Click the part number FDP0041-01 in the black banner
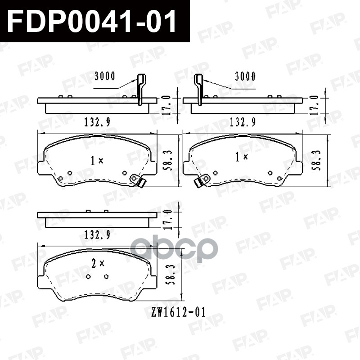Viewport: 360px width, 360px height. click(92, 21)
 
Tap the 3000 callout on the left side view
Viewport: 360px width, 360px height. click(105, 76)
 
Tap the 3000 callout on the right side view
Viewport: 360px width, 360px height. click(245, 76)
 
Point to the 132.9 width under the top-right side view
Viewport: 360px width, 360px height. click(243, 121)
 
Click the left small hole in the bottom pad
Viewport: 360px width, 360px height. click(89, 276)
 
